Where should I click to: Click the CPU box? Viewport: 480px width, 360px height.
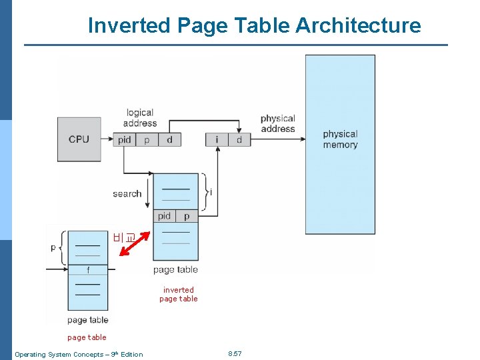79,139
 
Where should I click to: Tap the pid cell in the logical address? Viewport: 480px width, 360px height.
125,139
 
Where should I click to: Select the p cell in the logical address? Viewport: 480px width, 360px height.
147,139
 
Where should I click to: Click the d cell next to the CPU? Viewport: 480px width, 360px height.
169,139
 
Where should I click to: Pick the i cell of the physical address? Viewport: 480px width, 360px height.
217,139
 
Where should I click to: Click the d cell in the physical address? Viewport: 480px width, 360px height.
239,139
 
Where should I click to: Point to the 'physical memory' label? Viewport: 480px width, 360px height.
340,139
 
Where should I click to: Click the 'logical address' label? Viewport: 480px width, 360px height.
140,118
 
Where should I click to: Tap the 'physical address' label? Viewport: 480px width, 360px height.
277,124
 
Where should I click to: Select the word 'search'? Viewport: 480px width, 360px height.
127,193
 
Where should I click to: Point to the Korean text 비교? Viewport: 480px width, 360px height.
123,236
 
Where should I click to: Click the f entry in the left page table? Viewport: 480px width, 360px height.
87,270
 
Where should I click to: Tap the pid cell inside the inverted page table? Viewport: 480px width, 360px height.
165,216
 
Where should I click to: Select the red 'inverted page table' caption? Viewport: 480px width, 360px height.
179,294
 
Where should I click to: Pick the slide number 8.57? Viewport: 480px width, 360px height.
235,353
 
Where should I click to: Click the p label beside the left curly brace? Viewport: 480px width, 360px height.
53,247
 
